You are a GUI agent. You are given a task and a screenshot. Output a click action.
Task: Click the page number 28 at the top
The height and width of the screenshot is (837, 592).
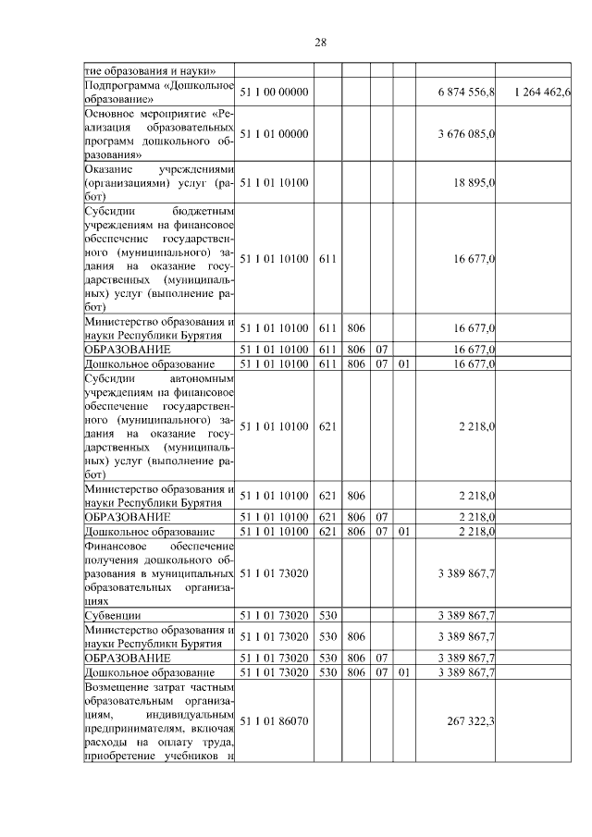[321, 42]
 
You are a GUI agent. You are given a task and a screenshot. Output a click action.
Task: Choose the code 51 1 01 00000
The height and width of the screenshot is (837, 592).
[273, 134]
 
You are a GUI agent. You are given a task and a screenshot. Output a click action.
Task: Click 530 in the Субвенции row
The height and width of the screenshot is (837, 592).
[326, 614]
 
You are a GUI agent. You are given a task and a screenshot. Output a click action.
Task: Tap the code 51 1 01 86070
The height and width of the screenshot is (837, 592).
[273, 721]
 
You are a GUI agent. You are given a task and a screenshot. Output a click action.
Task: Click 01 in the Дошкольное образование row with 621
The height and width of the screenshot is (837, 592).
[403, 532]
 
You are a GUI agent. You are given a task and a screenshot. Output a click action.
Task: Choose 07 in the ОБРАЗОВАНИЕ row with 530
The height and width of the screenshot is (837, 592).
[380, 658]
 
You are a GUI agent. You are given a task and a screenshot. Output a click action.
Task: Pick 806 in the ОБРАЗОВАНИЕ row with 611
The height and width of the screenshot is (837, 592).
[355, 351]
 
